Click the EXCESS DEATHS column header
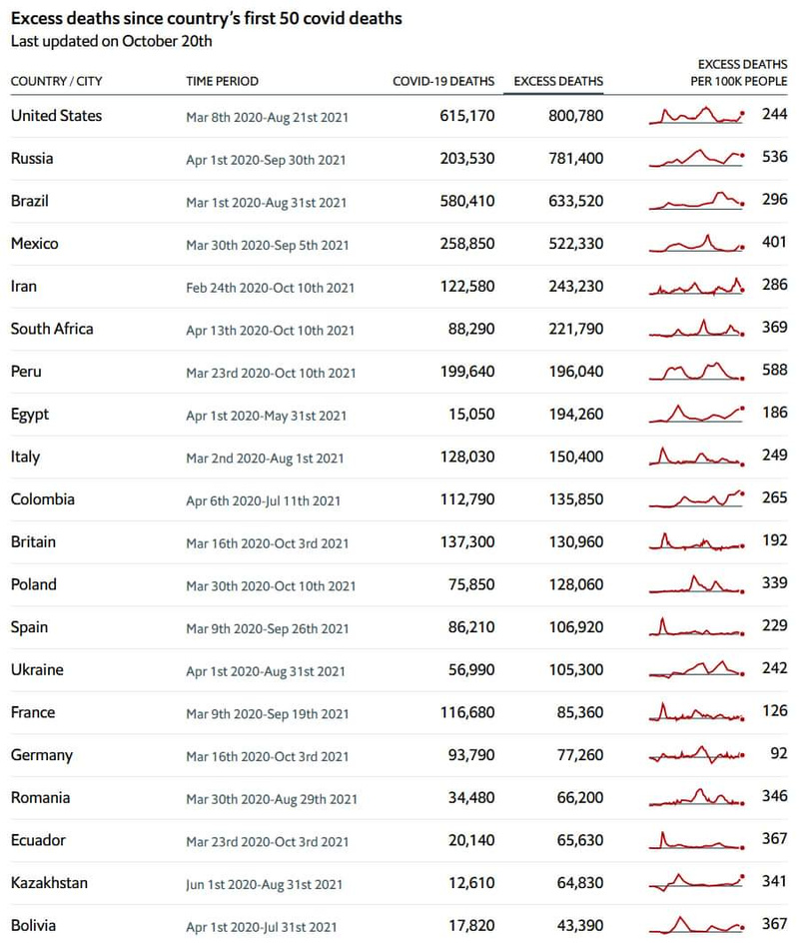[558, 81]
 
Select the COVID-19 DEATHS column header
[443, 81]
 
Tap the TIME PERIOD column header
[222, 81]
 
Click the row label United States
[56, 116]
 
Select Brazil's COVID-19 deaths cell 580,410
[466, 201]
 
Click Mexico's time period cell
[268, 245]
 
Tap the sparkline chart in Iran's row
[697, 287]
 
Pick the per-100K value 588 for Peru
[774, 372]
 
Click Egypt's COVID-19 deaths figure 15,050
[471, 415]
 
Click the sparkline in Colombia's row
[697, 498]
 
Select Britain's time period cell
[268, 543]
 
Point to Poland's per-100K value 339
[774, 584]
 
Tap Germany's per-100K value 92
[778, 755]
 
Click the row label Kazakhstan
[49, 883]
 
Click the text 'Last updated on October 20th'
[111, 42]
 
